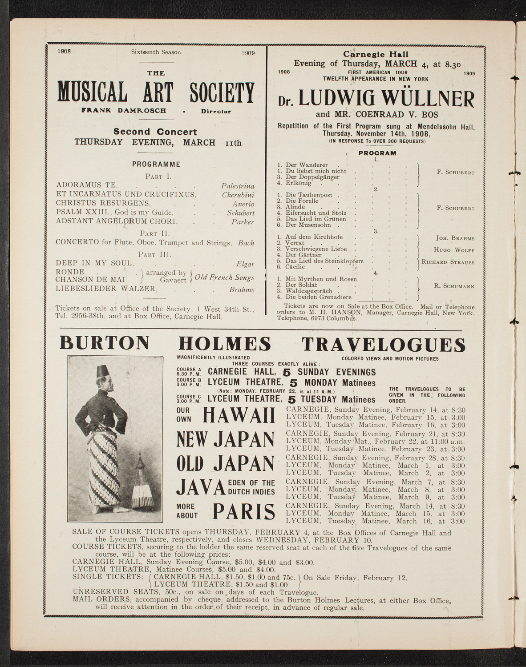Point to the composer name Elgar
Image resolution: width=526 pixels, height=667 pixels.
click(245, 264)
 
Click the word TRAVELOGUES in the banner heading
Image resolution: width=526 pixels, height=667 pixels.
click(389, 344)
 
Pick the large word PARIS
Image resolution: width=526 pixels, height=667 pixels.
click(244, 512)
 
